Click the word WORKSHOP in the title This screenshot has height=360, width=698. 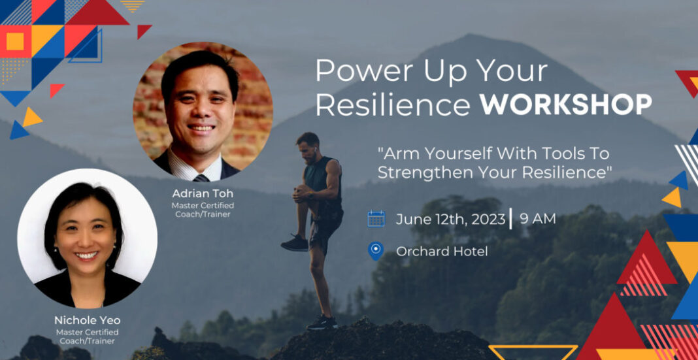pos(565,105)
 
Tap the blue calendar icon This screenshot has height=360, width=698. pos(376,219)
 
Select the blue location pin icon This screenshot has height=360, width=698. pos(376,251)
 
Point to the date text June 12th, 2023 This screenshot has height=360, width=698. pos(450,220)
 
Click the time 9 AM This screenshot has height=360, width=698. pos(538,219)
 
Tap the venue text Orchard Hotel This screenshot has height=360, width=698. pos(442,252)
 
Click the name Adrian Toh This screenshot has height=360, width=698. pos(203,195)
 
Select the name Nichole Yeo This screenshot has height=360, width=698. pos(88,320)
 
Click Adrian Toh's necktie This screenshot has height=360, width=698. pos(201,178)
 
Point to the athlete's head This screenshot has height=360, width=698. pos(308,146)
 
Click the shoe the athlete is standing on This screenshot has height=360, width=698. pos(322,322)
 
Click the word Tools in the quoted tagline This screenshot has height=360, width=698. pos(564,154)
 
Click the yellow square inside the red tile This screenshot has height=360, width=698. pos(14,41)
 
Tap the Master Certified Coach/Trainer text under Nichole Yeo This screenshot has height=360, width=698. pos(88,336)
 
